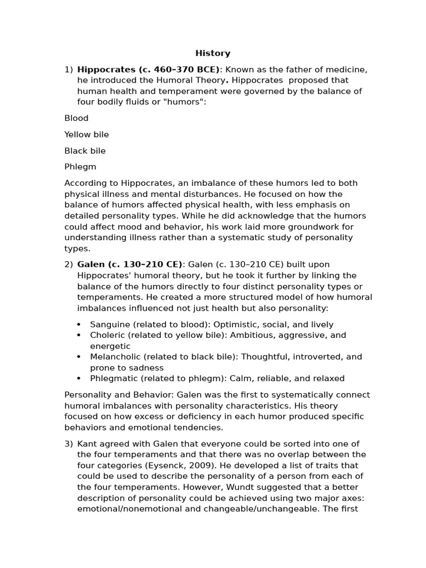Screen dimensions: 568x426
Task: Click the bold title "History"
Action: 212,53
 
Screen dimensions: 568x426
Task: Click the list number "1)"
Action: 68,70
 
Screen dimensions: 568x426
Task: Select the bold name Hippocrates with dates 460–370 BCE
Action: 149,70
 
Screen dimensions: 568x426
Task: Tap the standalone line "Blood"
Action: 77,118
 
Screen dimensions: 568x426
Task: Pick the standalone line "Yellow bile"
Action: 87,134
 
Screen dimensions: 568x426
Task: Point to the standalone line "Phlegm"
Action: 80,167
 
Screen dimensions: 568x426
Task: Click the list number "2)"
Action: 68,265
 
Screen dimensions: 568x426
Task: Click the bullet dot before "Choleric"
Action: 79,336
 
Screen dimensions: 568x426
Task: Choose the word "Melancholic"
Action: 114,357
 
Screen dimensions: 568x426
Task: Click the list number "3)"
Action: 68,444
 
